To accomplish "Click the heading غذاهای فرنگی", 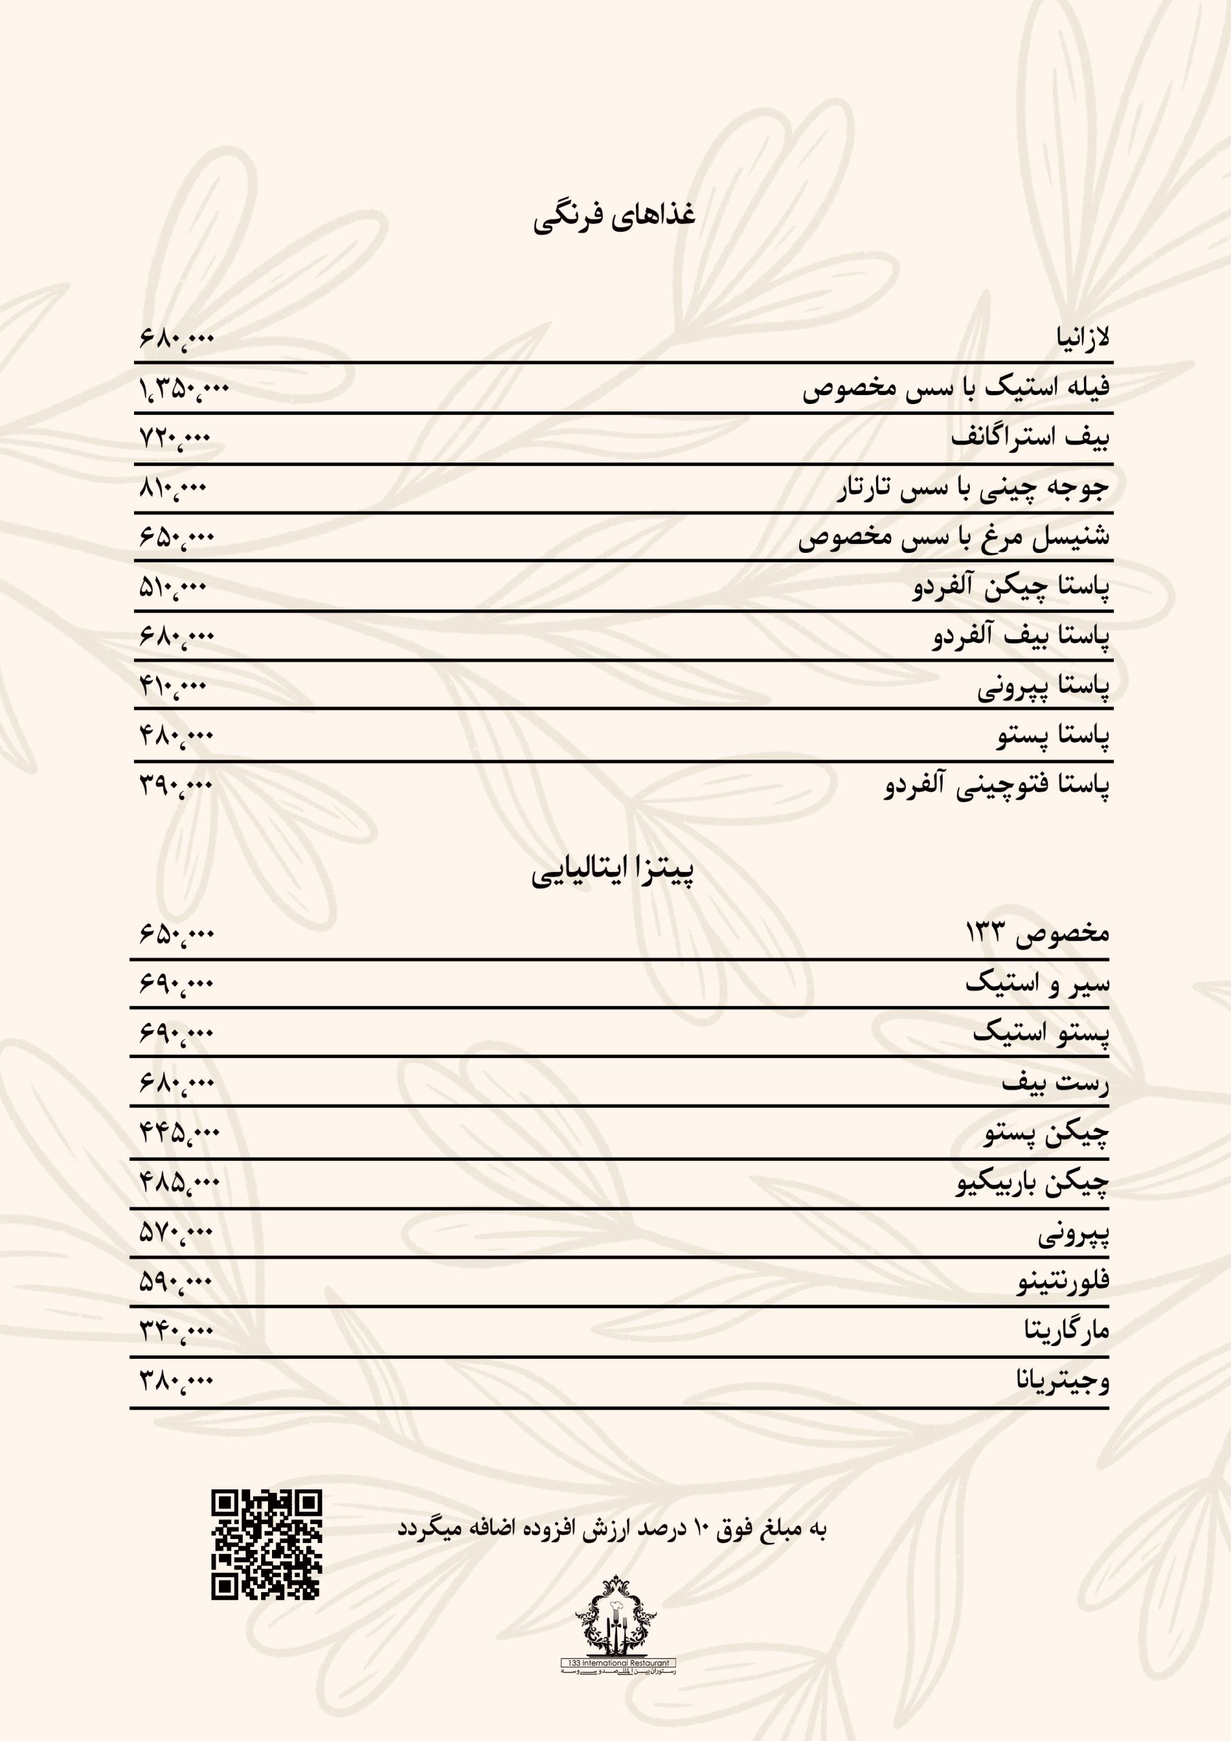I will pyautogui.click(x=613, y=216).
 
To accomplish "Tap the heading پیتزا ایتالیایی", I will pyautogui.click(x=613, y=872).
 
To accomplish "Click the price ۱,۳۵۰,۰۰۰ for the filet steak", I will pyautogui.click(x=184, y=388).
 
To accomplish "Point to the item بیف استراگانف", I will pyautogui.click(x=1029, y=437).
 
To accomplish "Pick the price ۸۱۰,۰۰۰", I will pyautogui.click(x=173, y=488).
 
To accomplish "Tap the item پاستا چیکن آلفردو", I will pyautogui.click(x=1010, y=587).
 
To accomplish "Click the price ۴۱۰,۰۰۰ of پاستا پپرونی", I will pyautogui.click(x=173, y=686).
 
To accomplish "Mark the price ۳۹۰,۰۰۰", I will pyautogui.click(x=176, y=785).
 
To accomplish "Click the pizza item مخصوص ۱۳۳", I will pyautogui.click(x=1037, y=932).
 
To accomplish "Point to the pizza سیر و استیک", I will pyautogui.click(x=1037, y=983).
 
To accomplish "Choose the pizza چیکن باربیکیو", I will pyautogui.click(x=1032, y=1182).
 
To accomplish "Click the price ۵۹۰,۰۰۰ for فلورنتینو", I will pyautogui.click(x=176, y=1281).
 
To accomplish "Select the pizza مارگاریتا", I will pyautogui.click(x=1066, y=1331).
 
